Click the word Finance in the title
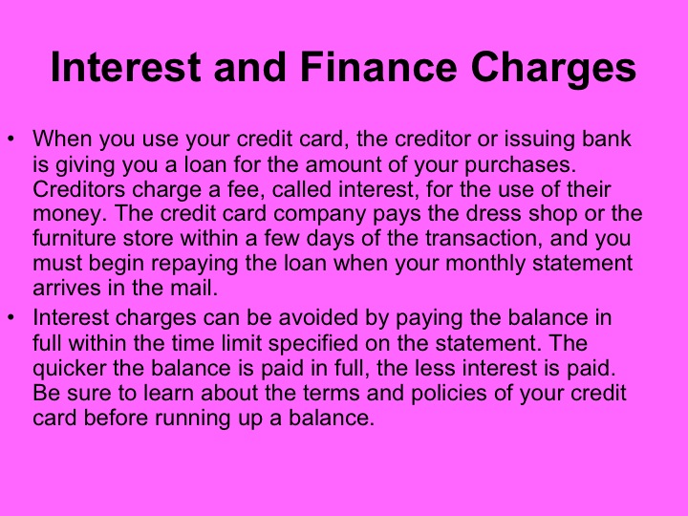[362, 70]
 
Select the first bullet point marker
[12, 140]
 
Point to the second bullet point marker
[12, 317]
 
